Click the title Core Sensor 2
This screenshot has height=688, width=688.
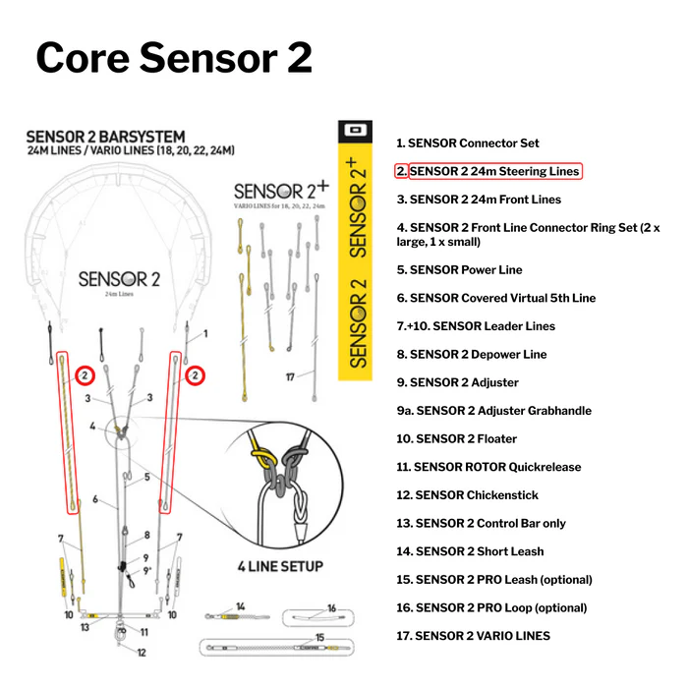tap(174, 58)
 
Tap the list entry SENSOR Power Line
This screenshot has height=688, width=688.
tap(459, 269)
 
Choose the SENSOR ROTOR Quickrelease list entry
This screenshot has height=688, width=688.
tap(488, 467)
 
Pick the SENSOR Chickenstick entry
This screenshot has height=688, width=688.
tap(468, 495)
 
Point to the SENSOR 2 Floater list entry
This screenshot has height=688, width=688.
tap(456, 438)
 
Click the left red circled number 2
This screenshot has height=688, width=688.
tap(86, 375)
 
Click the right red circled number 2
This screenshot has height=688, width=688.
tap(197, 375)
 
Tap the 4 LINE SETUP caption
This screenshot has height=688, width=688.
tap(280, 566)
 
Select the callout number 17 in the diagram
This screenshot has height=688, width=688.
tap(289, 376)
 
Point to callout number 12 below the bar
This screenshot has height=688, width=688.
tap(141, 653)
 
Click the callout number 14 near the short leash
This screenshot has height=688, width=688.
tap(239, 606)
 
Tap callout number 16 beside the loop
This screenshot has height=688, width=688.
tap(332, 608)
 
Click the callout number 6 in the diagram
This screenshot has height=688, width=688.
tap(95, 499)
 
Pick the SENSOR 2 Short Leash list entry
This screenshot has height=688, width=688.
tap(469, 551)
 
